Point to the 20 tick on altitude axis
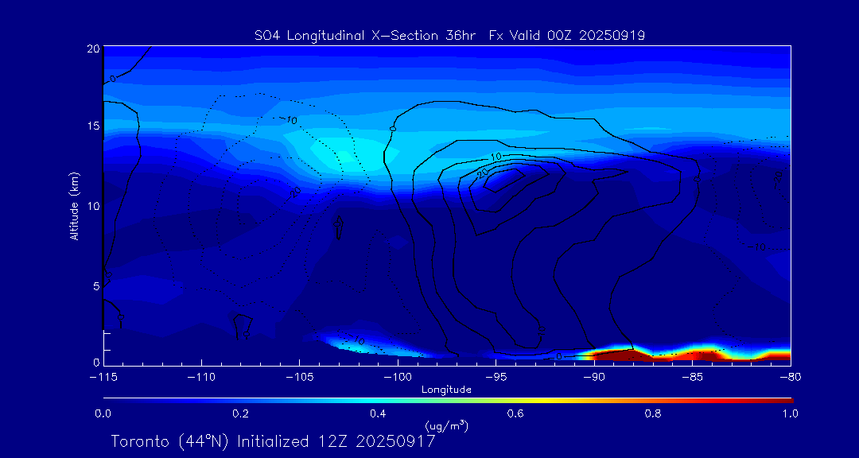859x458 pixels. [x=91, y=49]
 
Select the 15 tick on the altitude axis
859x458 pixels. [x=91, y=126]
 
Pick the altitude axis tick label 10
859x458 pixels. [x=91, y=206]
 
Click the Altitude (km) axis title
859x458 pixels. [x=74, y=206]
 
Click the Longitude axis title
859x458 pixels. [x=446, y=390]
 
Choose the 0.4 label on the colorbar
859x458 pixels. [x=378, y=413]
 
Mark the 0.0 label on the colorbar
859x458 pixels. [x=103, y=413]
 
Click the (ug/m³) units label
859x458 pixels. [x=446, y=426]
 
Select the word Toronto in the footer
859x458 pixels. [x=140, y=441]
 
